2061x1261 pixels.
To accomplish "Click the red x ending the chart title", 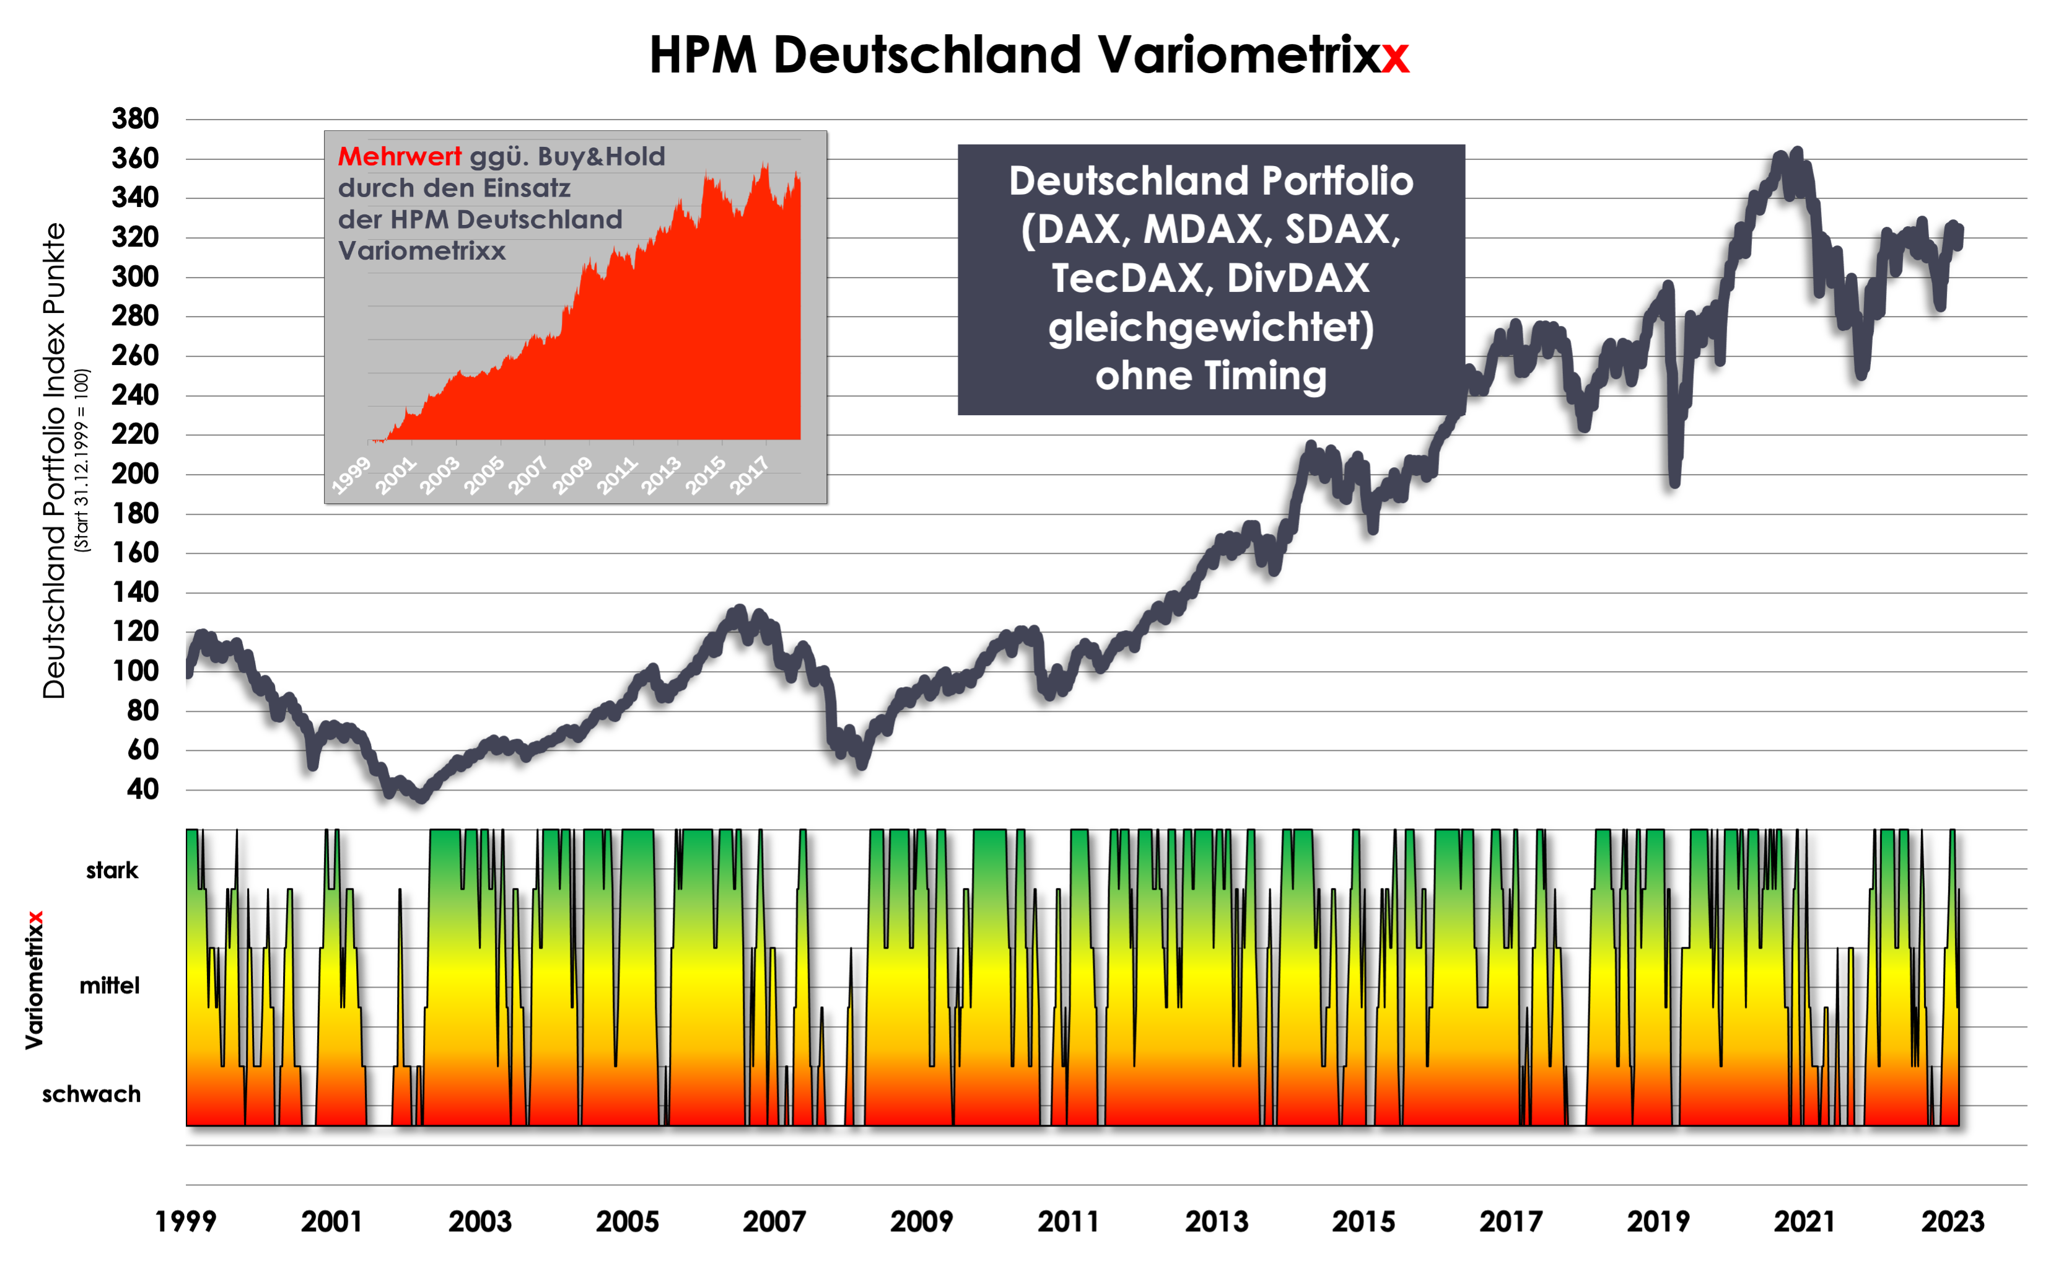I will click(1395, 57).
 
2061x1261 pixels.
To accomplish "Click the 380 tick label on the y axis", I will click(136, 119).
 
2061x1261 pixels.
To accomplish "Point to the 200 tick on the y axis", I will click(136, 473).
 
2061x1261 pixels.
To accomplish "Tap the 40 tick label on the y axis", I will click(142, 789).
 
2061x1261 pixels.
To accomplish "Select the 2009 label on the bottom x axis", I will click(921, 1222).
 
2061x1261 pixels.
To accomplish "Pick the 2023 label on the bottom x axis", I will click(1952, 1222).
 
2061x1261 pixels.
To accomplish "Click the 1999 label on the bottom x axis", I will click(186, 1222).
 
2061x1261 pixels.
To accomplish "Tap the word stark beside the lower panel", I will click(112, 870).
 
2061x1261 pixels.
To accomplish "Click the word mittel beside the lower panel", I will click(110, 986).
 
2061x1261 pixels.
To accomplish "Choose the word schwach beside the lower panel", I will click(92, 1094).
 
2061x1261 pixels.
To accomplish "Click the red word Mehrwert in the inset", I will click(399, 157).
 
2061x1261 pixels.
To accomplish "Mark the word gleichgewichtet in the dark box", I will click(1210, 327).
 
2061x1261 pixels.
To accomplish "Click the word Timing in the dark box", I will click(1278, 377).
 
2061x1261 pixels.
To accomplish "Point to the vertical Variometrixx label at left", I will click(34, 979).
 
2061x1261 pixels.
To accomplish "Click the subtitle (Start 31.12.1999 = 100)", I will click(81, 460).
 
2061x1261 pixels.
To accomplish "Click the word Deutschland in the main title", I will click(927, 55).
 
